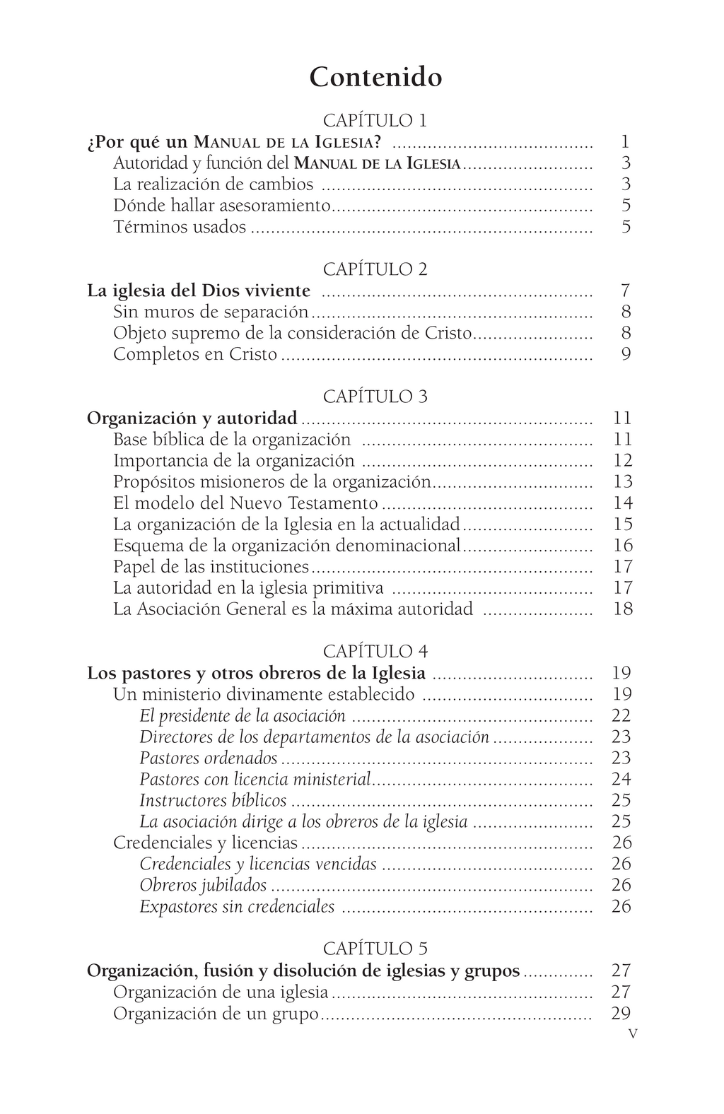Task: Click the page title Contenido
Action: coord(375,77)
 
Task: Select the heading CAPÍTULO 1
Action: coord(375,120)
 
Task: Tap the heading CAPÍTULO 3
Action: coord(375,397)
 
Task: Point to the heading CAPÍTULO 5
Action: coord(375,949)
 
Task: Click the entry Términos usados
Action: coord(180,227)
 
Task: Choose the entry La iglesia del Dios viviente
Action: coord(199,291)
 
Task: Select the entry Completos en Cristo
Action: coord(195,354)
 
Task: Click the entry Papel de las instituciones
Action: coord(211,566)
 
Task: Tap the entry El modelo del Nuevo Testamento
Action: coord(245,503)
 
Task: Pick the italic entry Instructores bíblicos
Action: coord(213,800)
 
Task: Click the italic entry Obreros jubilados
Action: coord(203,885)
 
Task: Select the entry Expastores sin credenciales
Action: coord(237,906)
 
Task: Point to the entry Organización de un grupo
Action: coord(216,1014)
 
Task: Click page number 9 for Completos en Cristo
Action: coord(626,354)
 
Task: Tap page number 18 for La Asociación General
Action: coord(622,609)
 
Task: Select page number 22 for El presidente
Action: coord(621,715)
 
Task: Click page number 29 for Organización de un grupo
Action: coord(621,1014)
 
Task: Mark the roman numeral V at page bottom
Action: coord(633,1033)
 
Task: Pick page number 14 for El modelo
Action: coord(622,503)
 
